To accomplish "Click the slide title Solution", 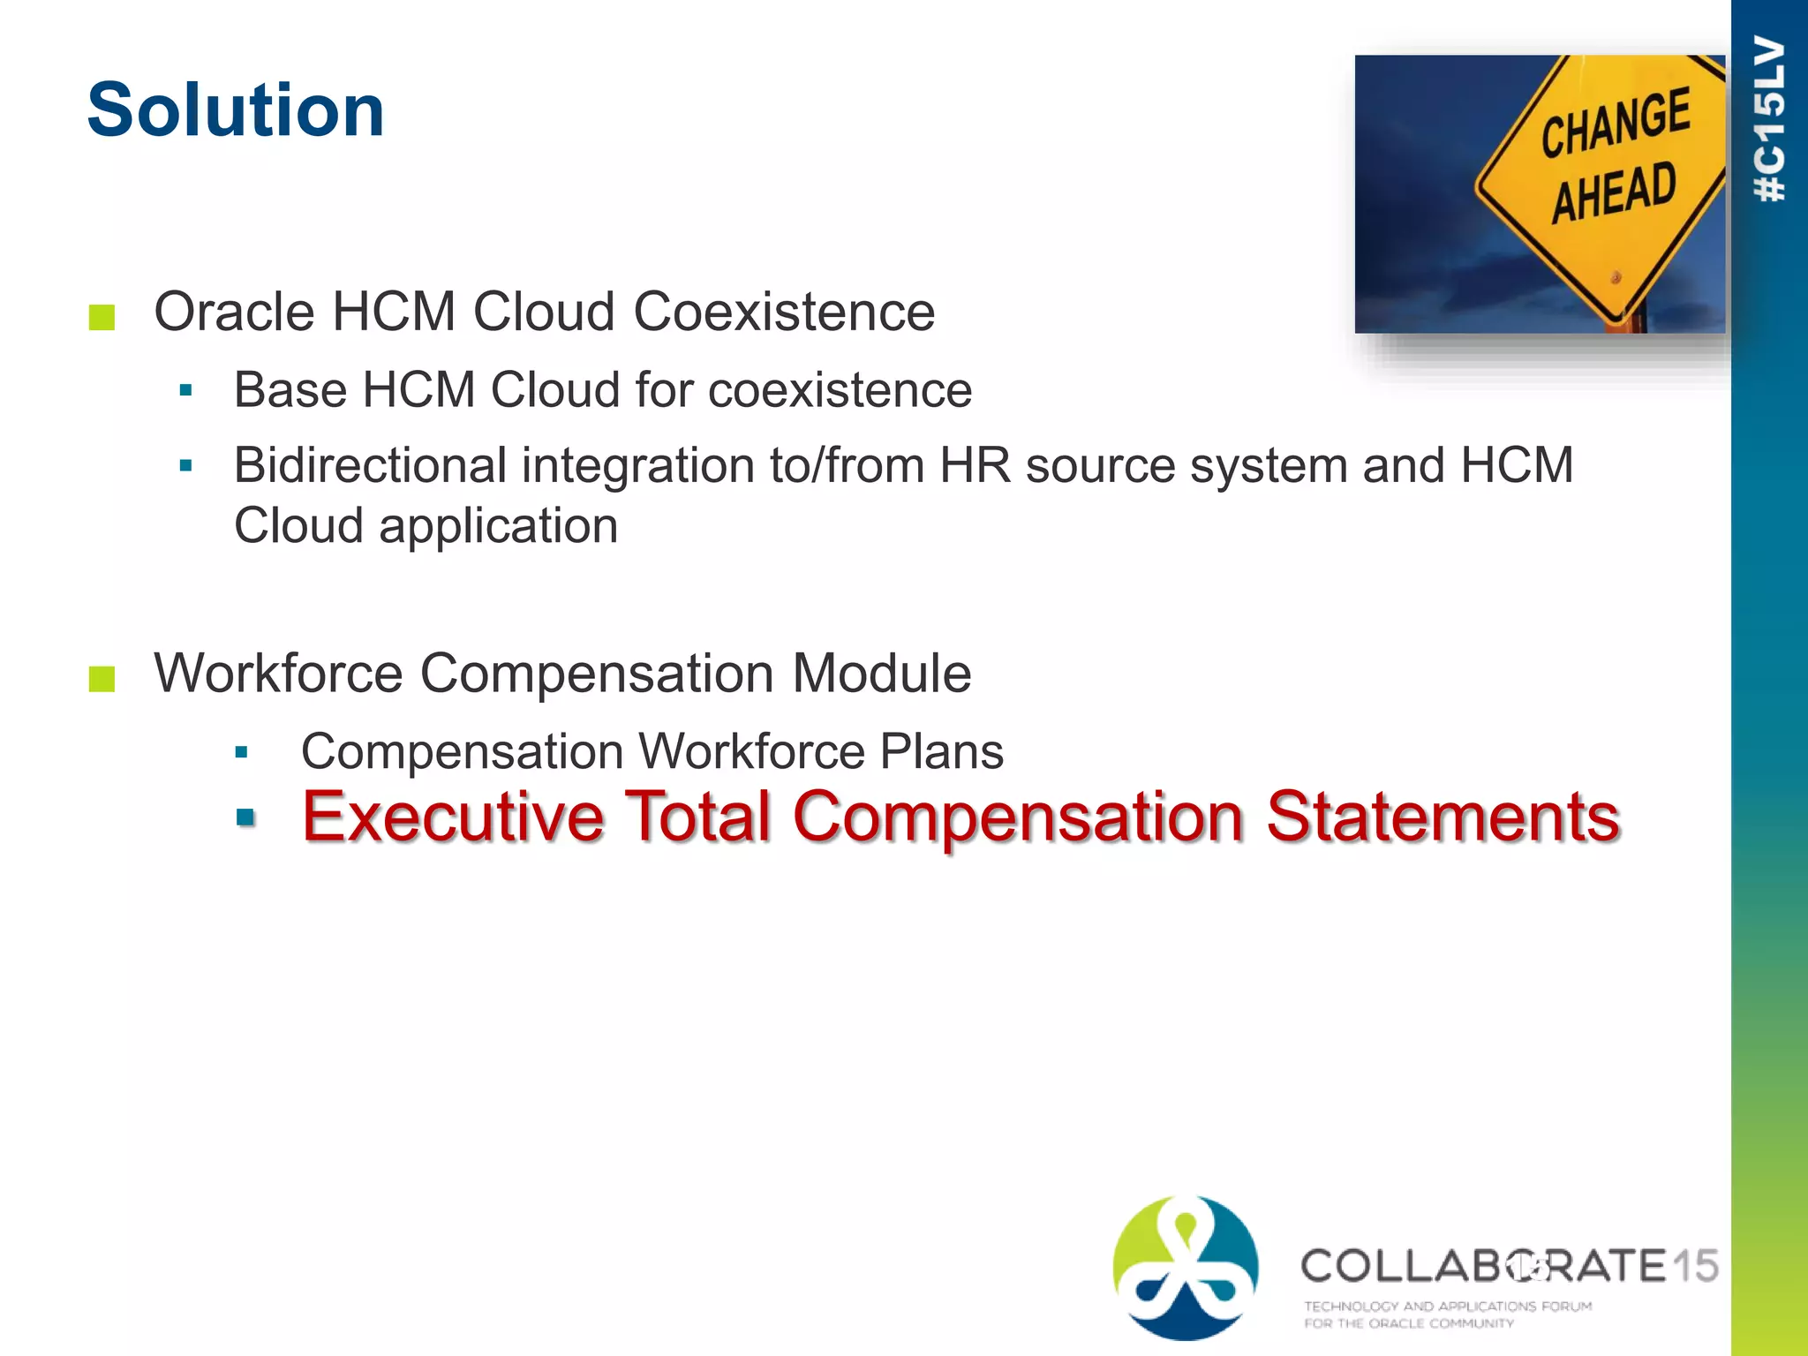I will click(236, 110).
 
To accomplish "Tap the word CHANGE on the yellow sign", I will click(1615, 123).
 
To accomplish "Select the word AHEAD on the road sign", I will click(1614, 192).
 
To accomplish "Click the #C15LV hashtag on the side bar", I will click(1770, 119).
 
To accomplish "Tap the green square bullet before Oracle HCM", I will click(102, 317).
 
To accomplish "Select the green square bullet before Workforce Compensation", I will click(102, 679).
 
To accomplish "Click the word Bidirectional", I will click(370, 465).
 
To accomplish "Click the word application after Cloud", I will click(498, 526).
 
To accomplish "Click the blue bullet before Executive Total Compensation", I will click(245, 817).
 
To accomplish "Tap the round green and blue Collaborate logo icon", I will click(1186, 1268).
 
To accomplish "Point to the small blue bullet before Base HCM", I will click(185, 390).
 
